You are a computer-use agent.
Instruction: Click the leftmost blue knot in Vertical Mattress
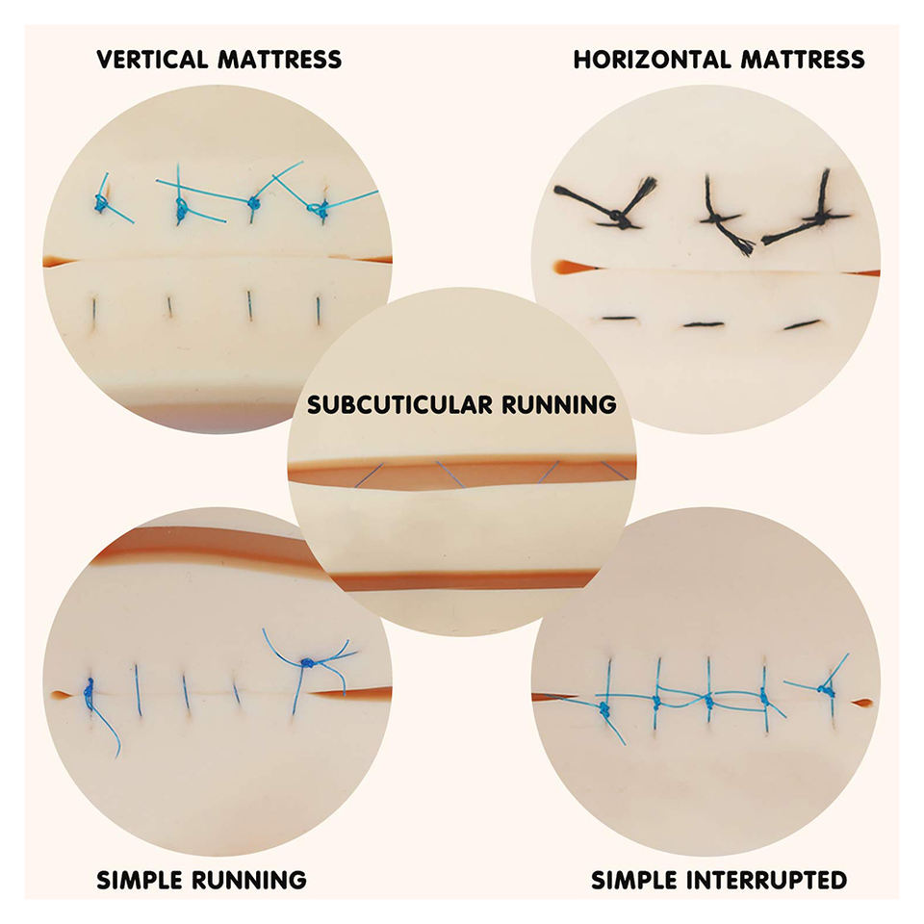coord(100,203)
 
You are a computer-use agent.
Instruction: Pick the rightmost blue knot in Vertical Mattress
coord(321,207)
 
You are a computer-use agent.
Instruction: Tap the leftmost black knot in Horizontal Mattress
coord(624,221)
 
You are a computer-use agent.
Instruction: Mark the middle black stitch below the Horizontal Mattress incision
coord(703,324)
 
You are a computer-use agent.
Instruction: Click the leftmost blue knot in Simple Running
coord(89,689)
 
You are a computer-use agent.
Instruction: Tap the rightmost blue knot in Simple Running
coord(308,663)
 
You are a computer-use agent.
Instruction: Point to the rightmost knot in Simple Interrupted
coord(825,689)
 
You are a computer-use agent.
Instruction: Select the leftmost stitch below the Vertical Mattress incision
coord(95,311)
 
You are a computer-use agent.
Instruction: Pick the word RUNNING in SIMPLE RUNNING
coord(256,879)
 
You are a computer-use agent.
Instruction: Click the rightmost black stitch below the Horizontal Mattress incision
coord(801,324)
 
